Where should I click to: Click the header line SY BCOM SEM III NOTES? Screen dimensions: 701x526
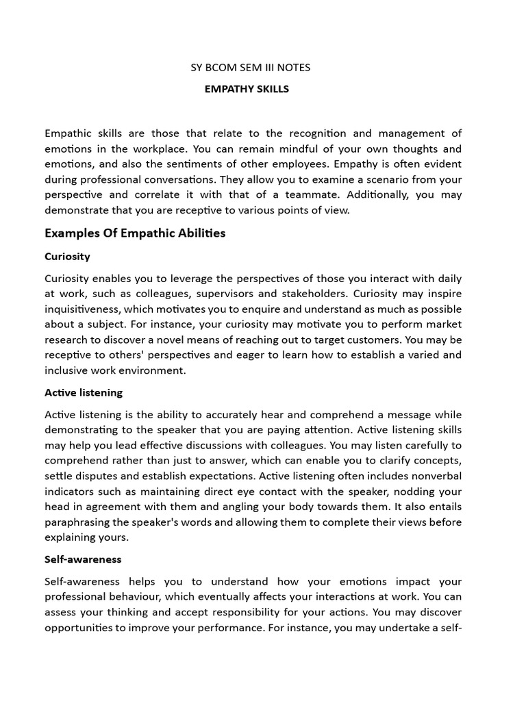(x=250, y=67)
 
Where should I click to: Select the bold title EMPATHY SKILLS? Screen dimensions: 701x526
(x=247, y=89)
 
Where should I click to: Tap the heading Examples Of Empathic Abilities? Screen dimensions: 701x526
(x=135, y=233)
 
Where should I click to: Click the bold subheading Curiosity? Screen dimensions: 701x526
(x=67, y=256)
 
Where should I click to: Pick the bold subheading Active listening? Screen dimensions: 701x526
(x=84, y=392)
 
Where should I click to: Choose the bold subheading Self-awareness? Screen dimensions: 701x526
(x=83, y=559)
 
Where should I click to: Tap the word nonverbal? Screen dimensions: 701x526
(x=436, y=476)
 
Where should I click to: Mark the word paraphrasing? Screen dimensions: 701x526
(x=75, y=522)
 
